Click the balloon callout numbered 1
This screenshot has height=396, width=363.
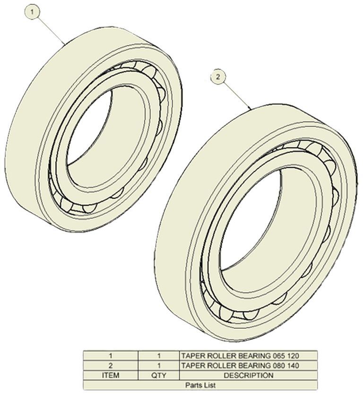[x=32, y=12]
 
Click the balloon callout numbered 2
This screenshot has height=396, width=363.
[x=218, y=77]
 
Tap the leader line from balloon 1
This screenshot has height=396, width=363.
[x=51, y=30]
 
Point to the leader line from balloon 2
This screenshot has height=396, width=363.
[x=237, y=95]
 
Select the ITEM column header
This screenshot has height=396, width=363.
[x=111, y=375]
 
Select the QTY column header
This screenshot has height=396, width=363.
[x=159, y=375]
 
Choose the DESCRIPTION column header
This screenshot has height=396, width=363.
[x=248, y=375]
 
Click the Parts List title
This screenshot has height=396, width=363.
[x=200, y=385]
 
